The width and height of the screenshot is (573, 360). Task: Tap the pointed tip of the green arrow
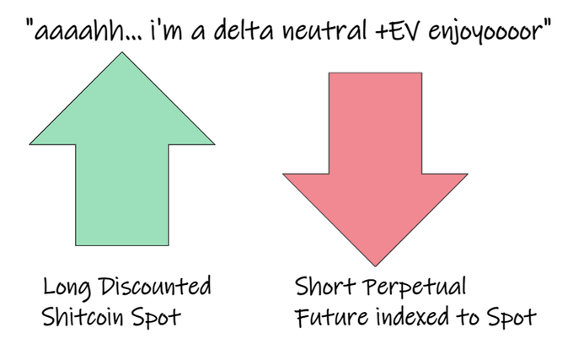click(x=122, y=53)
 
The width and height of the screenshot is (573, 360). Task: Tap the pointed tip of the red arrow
click(x=373, y=266)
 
